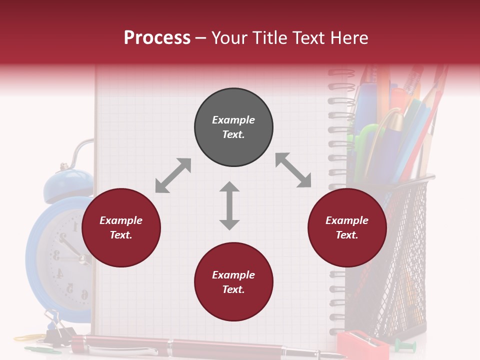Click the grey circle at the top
[x=233, y=127]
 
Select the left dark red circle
[x=121, y=228]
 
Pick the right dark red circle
[x=347, y=228]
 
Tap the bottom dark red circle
[x=233, y=282]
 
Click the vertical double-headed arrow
[x=229, y=206]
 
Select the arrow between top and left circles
[x=173, y=175]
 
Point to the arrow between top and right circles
[x=293, y=170]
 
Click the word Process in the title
[x=157, y=38]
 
